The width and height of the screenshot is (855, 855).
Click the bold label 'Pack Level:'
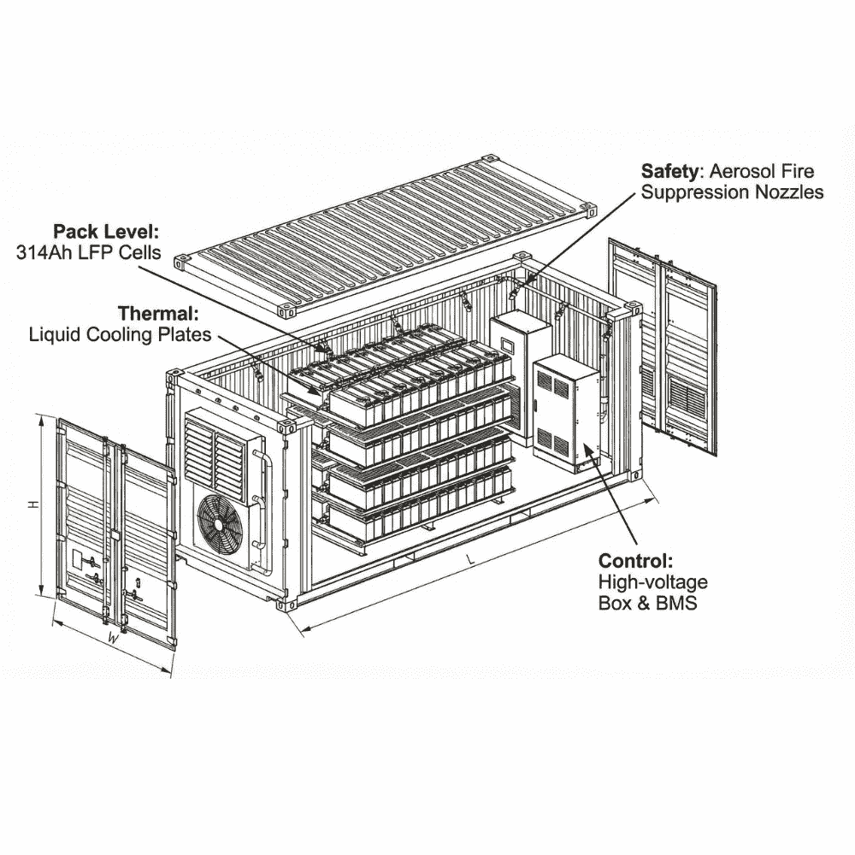[106, 231]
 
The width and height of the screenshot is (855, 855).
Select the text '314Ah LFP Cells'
[93, 252]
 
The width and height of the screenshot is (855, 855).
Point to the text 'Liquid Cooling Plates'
[120, 333]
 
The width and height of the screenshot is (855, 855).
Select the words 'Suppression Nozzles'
[732, 192]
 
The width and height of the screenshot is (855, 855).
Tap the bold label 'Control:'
[635, 562]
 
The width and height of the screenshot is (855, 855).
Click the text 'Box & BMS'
[647, 604]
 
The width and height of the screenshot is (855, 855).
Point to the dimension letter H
[32, 504]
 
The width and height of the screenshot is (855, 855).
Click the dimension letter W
[112, 638]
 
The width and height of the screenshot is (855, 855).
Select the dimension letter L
[469, 558]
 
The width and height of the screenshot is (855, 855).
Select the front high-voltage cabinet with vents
[566, 410]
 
